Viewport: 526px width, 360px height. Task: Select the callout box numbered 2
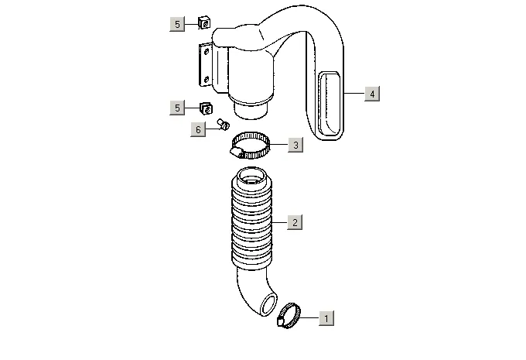[x=294, y=223]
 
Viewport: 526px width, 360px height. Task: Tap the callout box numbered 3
[x=294, y=145]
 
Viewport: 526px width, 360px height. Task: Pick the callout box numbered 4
[x=372, y=94]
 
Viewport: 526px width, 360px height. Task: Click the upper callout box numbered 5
[x=177, y=25]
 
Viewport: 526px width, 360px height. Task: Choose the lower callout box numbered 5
[x=177, y=107]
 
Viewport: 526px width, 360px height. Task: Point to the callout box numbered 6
[x=198, y=129]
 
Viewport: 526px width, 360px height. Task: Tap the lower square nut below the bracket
[x=206, y=106]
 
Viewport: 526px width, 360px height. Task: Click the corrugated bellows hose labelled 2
[x=254, y=225]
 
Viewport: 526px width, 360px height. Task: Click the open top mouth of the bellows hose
[x=254, y=183]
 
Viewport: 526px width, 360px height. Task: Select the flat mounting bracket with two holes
[x=204, y=63]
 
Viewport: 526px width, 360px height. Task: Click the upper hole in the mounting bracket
[x=206, y=53]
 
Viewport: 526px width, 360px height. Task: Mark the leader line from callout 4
[x=354, y=94]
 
